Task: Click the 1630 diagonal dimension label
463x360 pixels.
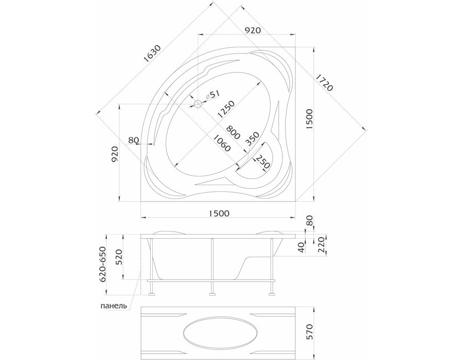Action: click(x=152, y=54)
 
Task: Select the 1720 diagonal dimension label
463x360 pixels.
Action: click(x=325, y=82)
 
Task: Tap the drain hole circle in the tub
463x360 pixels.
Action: click(x=198, y=103)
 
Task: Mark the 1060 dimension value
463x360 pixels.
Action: click(x=222, y=143)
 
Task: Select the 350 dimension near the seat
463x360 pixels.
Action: click(x=252, y=139)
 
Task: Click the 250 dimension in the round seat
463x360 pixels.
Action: click(x=262, y=161)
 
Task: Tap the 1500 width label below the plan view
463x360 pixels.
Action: click(x=219, y=213)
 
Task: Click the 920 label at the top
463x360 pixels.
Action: click(x=253, y=30)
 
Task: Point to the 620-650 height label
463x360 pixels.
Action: click(x=103, y=264)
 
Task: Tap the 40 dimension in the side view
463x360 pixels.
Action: click(x=301, y=247)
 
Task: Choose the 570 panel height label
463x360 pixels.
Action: click(x=309, y=332)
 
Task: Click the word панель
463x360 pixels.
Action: click(x=114, y=305)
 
